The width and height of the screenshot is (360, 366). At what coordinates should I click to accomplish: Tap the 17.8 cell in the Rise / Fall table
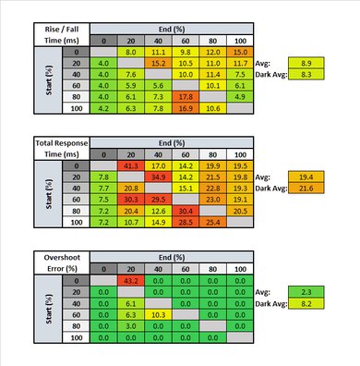(186, 95)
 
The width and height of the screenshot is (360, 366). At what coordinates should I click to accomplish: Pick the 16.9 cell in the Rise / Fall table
(186, 107)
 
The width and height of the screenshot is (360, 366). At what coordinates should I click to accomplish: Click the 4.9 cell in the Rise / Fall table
(241, 95)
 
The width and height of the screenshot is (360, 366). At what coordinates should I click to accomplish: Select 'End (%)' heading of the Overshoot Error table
(172, 256)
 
